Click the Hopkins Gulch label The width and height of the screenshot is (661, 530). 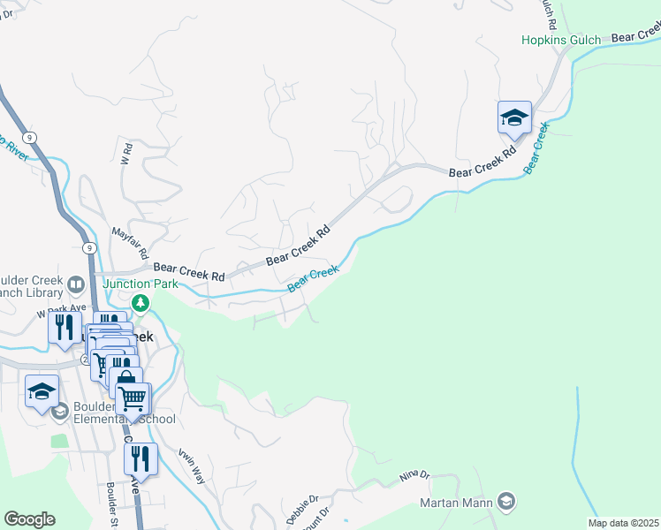(x=560, y=40)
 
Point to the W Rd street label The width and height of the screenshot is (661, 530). (x=125, y=155)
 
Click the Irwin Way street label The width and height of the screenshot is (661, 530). (x=193, y=464)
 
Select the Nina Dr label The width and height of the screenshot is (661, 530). (x=413, y=474)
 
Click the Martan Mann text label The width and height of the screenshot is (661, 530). (x=456, y=503)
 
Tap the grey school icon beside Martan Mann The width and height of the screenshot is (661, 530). (x=506, y=503)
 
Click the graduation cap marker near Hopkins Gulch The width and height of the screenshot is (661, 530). (x=514, y=117)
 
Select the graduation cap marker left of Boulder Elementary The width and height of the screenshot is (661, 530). (x=42, y=391)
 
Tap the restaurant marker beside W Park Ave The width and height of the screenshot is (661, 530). (x=65, y=328)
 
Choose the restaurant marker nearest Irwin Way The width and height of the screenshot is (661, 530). (x=141, y=459)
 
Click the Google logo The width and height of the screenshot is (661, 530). (x=29, y=519)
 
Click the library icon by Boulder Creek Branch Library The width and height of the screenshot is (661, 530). (x=76, y=284)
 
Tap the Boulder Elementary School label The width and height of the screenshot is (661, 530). (x=124, y=412)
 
